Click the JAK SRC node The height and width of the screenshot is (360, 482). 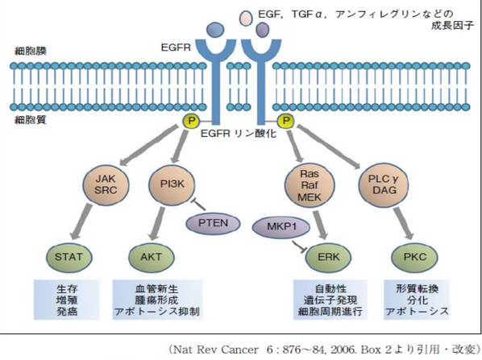106,185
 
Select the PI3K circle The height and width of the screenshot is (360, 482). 172,185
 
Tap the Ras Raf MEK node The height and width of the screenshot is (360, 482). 310,186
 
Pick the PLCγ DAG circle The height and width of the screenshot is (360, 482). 384,185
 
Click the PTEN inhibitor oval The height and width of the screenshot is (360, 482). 213,223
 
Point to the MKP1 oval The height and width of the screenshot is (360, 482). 281,227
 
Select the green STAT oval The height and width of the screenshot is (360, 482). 69,257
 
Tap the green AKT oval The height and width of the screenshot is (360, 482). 151,257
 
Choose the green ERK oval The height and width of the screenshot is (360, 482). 328,257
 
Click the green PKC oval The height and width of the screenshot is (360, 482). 414,257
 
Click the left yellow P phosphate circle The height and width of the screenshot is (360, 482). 191,121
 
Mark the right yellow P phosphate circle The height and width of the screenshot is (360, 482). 286,121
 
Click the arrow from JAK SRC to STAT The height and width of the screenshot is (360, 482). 81,221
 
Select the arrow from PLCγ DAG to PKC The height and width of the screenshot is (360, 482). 405,223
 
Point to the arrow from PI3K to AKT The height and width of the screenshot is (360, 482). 158,223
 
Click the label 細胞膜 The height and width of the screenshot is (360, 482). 31,51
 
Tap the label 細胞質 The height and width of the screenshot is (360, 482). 31,119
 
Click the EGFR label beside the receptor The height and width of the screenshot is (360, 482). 176,48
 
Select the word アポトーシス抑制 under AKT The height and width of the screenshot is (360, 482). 157,312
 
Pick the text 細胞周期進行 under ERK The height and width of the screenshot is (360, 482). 330,312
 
